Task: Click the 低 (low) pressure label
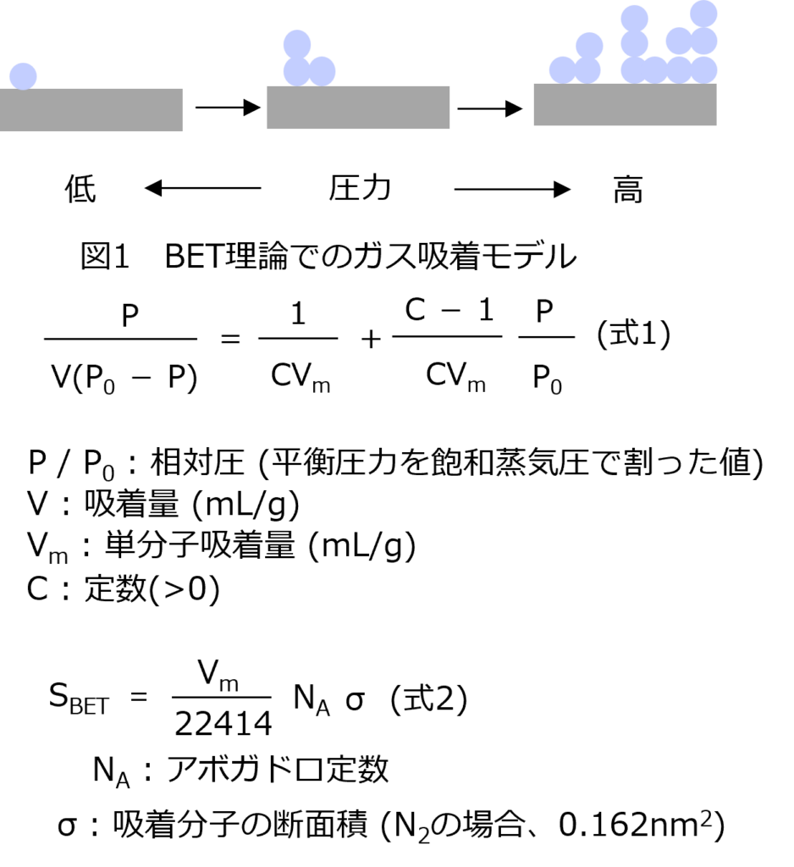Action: (80, 191)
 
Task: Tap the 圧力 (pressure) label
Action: (361, 189)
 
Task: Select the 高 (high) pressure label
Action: (628, 192)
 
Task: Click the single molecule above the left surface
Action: (23, 75)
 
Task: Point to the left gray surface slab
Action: (91, 110)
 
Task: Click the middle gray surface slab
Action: (358, 108)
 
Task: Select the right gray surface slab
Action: (625, 104)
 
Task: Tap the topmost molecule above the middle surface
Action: (297, 44)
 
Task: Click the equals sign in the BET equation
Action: (229, 340)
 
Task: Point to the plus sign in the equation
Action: (371, 340)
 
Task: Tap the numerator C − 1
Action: (449, 311)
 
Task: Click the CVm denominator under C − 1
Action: (455, 377)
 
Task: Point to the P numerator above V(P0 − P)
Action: (130, 316)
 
